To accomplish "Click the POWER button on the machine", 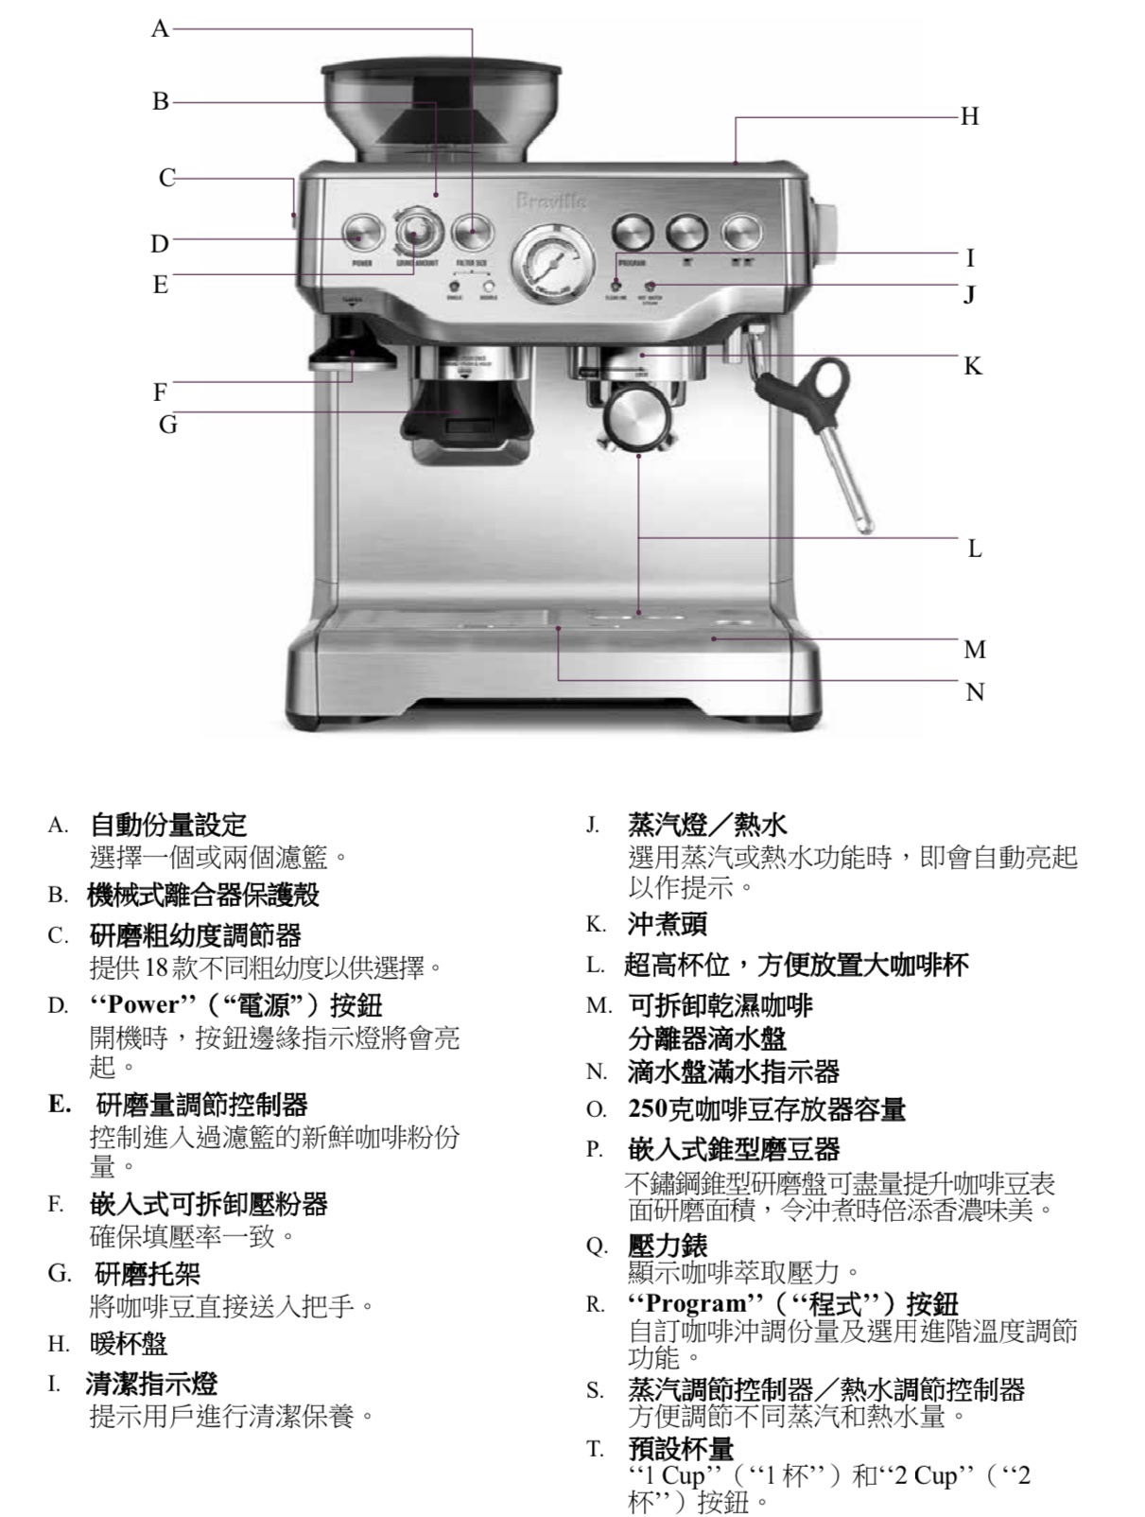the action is (x=362, y=233).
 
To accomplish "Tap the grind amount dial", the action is (x=417, y=231).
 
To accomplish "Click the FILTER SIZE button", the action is (x=473, y=232).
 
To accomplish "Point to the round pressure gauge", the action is (x=551, y=259).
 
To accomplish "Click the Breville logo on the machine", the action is (x=551, y=201).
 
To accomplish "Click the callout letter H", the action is (x=969, y=116).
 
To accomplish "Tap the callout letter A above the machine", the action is (x=160, y=29).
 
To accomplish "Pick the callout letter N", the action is (x=975, y=693).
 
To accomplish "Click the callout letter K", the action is (x=973, y=366).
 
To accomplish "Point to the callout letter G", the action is (x=167, y=425).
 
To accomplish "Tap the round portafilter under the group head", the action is (x=634, y=417).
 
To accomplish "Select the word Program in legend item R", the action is (x=685, y=1303).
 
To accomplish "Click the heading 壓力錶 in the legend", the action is (x=667, y=1246).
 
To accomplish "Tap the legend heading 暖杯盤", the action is (x=128, y=1343).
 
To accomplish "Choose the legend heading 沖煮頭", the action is (x=667, y=924).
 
